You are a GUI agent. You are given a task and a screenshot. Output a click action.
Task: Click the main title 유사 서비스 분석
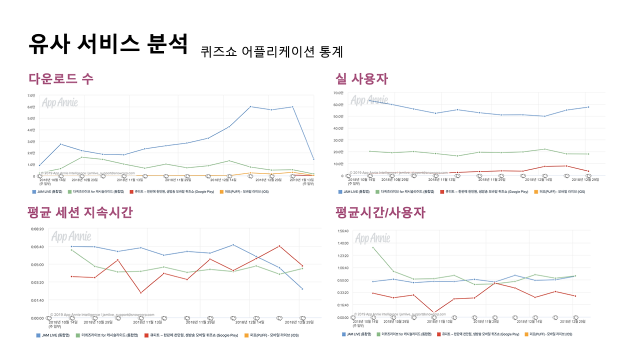coord(108,44)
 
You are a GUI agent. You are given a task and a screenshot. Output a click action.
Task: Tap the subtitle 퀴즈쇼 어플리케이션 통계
coord(271,51)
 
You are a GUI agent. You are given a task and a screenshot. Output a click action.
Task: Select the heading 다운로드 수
coord(60,78)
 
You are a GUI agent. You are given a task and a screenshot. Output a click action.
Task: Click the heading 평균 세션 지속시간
coord(79,212)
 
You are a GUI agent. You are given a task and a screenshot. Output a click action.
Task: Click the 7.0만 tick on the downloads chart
coord(30,95)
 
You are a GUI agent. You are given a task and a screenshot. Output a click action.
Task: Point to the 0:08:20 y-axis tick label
coord(37,229)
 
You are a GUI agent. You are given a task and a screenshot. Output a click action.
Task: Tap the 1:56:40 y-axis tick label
coord(342,231)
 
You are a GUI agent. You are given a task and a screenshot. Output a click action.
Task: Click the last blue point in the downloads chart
coord(313,159)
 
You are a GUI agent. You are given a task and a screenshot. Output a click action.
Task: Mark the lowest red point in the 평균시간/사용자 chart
coord(433,313)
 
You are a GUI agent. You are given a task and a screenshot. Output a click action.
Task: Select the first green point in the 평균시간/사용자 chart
coord(372,247)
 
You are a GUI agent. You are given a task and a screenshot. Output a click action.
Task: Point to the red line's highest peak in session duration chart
coord(279,246)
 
